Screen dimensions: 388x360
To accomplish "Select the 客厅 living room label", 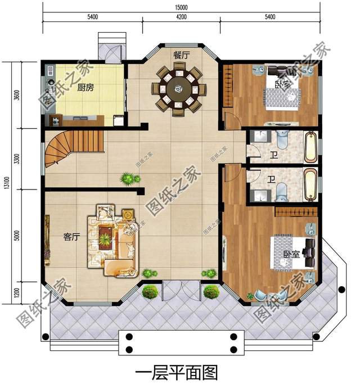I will coord(73,237).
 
